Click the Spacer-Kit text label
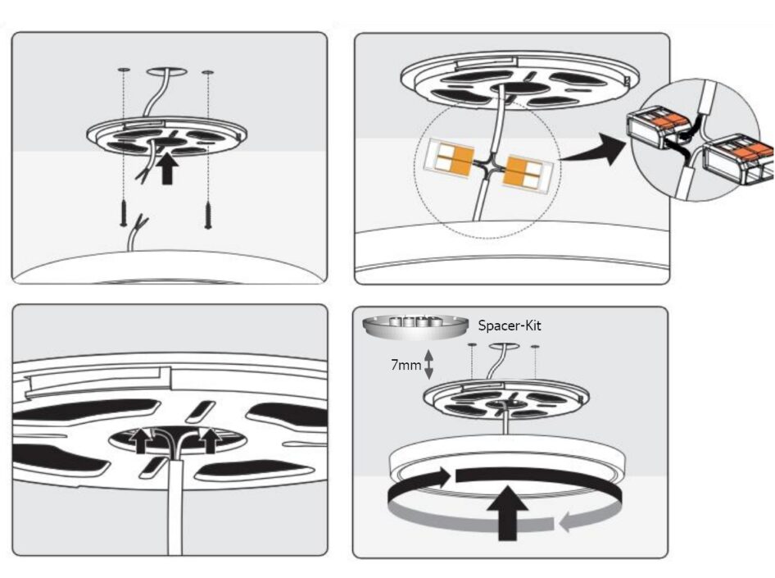coord(510,325)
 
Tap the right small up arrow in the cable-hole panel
coord(210,440)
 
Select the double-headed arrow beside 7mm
coord(428,364)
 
